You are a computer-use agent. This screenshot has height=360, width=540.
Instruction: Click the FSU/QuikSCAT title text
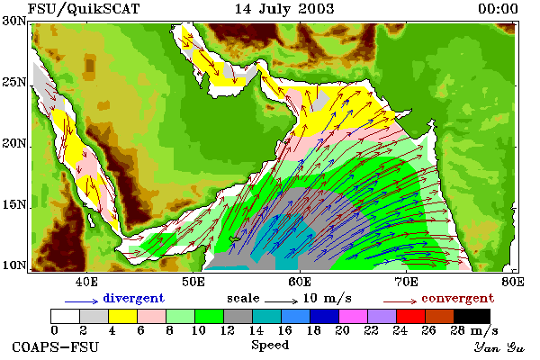[x=84, y=9]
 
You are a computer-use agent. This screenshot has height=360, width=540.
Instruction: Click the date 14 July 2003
[x=284, y=9]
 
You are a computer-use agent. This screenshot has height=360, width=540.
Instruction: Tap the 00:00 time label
[x=498, y=9]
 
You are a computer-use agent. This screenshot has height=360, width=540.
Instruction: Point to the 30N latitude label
[x=14, y=21]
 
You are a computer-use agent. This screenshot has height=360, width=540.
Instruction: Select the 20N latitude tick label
[x=14, y=143]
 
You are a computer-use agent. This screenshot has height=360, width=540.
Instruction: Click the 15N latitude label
[x=14, y=204]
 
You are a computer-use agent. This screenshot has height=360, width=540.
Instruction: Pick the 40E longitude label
[x=86, y=282]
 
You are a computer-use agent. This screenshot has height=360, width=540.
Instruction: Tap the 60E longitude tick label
[x=300, y=282]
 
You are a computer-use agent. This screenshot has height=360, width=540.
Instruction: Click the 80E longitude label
[x=513, y=282]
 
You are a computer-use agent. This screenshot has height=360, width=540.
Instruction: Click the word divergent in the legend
[x=133, y=298]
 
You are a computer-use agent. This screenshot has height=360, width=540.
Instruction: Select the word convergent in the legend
[x=458, y=298]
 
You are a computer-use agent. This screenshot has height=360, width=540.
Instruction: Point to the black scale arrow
[x=281, y=301]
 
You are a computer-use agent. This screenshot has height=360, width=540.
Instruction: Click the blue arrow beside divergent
[x=82, y=301]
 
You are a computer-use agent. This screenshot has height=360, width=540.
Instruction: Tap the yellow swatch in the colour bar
[x=122, y=316]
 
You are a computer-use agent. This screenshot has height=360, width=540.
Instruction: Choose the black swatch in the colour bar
[x=472, y=316]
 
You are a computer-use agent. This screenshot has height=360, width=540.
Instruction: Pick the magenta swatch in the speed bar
[x=353, y=316]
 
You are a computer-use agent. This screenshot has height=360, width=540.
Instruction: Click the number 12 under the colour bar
[x=228, y=330]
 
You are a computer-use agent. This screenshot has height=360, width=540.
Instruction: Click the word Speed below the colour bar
[x=270, y=346]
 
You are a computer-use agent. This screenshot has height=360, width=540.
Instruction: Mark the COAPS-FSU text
[x=56, y=346]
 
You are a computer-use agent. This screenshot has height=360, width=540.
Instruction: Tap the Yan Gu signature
[x=499, y=347]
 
